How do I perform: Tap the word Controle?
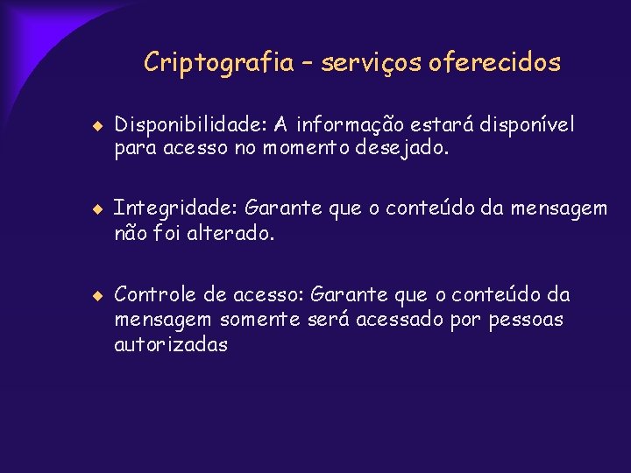click(x=154, y=293)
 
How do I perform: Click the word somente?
click(x=260, y=320)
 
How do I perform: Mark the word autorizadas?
click(x=171, y=344)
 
